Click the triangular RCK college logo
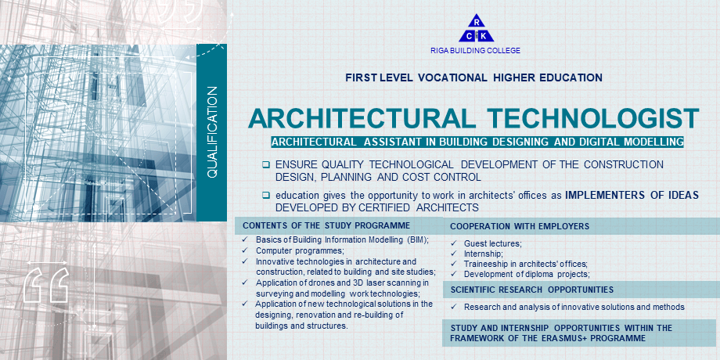pos(476,28)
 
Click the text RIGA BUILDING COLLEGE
pos(475,51)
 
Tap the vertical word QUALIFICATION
pos(212,132)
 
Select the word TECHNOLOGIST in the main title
pos(593,118)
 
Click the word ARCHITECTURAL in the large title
pos(362,118)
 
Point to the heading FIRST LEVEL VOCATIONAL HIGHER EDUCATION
pos(474,77)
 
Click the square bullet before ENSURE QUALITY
pos(266,164)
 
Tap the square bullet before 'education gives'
pos(266,195)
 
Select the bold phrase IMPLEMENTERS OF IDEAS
pos(632,195)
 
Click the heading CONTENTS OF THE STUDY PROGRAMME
pos(326,225)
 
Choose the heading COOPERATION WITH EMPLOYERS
pos(520,226)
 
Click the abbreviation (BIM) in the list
pos(417,239)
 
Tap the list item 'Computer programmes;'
pos(300,250)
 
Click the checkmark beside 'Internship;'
pos(453,254)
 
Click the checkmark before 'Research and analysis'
pos(453,306)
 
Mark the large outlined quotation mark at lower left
pos(46,285)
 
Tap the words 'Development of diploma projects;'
pos(527,274)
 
